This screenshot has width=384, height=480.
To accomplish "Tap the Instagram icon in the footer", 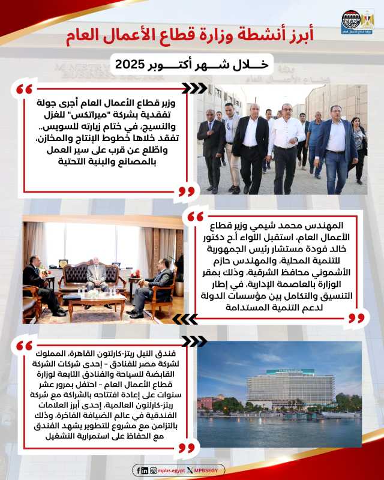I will [x=154, y=471].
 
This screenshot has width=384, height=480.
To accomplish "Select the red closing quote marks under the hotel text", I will [x=187, y=447].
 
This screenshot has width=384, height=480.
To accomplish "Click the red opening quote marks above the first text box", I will [x=23, y=90].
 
